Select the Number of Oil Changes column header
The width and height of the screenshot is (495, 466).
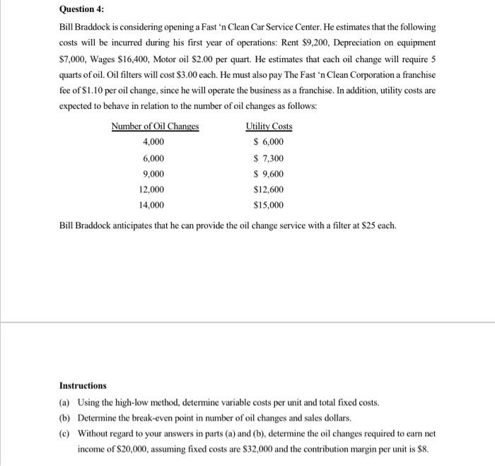155,127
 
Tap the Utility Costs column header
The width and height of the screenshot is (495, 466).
269,127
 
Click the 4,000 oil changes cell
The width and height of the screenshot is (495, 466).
153,142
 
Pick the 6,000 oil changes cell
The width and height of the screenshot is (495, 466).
153,158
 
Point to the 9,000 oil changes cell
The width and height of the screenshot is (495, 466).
153,174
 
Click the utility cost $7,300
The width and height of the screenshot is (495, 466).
269,158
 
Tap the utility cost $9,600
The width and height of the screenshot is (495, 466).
269,174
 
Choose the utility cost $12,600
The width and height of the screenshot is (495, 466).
269,190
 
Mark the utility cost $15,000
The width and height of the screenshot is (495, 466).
269,206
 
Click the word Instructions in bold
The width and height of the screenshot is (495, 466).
83,385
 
